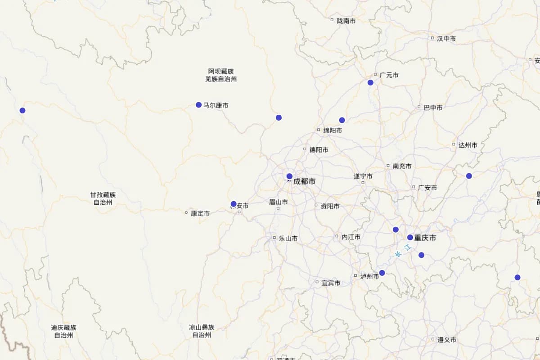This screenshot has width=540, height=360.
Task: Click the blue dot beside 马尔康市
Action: [x=198, y=105]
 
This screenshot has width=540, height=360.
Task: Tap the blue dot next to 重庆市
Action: [x=410, y=238]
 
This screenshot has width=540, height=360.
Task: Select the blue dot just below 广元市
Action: [x=370, y=82]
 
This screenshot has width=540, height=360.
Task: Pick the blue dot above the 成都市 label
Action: [x=289, y=176]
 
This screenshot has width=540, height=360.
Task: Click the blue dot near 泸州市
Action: [x=382, y=273]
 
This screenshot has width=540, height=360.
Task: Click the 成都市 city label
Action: [x=304, y=182]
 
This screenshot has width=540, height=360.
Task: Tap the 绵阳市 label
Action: [x=333, y=130]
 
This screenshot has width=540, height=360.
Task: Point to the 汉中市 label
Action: [x=446, y=39]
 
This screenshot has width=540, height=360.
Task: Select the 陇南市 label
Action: [x=346, y=21]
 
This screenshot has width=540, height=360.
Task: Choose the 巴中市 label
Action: [x=432, y=108]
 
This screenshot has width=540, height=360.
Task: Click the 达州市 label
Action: [x=468, y=145]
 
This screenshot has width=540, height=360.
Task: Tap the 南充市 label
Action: [x=402, y=166]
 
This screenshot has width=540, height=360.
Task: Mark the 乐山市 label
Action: [x=288, y=238]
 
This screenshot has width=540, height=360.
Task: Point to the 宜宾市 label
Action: [x=331, y=283]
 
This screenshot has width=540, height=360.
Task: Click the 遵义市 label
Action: [x=447, y=340]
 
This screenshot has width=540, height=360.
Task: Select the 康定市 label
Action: [x=200, y=213]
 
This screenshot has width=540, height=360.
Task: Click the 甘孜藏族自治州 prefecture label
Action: [x=103, y=198]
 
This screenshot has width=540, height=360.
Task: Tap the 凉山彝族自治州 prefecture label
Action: [x=202, y=331]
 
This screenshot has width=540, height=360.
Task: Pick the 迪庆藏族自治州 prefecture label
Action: [x=63, y=331]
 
